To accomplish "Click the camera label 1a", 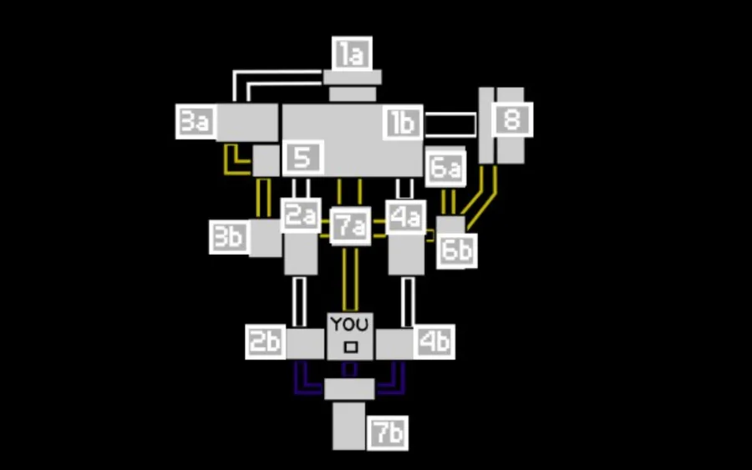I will [352, 54].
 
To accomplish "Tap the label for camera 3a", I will [196, 122].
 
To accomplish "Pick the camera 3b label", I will [228, 237].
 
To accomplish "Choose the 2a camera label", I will [300, 215].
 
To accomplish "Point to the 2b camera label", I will [266, 342].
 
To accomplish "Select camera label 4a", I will [405, 217].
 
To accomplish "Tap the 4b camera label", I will [435, 341].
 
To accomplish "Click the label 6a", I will [445, 169].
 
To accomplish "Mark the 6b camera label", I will [457, 250].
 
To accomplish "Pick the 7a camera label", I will [351, 226].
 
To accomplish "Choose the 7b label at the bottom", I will [388, 433].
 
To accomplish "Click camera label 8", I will [511, 120].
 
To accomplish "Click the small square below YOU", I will [351, 346].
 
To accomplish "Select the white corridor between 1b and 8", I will [450, 124].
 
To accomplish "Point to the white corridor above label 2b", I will [299, 301].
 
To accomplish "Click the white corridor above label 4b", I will [408, 301].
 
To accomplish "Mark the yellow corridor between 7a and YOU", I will [351, 280].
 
